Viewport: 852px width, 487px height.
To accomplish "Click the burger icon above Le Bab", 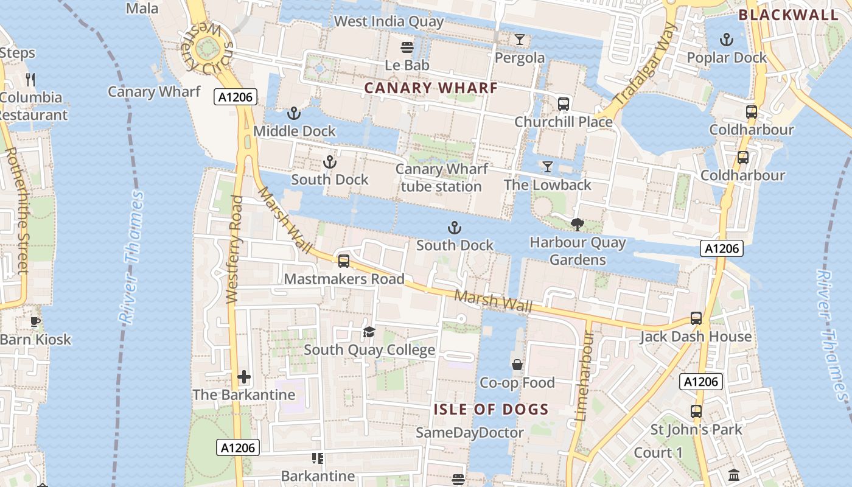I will (x=407, y=47).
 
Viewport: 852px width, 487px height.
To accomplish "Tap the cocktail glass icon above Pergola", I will (x=519, y=40).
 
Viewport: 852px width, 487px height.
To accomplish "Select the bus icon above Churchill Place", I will (x=564, y=104).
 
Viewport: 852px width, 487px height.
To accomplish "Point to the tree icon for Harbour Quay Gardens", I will (x=577, y=225).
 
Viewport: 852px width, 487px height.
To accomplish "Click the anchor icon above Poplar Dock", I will (x=726, y=40).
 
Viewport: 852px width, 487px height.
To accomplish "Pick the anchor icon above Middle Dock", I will (x=294, y=113).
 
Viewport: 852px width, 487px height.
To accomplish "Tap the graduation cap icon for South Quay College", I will (x=369, y=332).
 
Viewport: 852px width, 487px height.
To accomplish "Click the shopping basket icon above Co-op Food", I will (x=517, y=365).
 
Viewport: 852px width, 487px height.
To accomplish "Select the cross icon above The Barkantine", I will (x=244, y=377).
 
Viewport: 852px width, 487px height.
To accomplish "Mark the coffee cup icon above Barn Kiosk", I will (x=35, y=321).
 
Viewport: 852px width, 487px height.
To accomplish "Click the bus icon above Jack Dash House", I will (x=696, y=318).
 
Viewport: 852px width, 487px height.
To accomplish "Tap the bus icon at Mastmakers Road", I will (x=344, y=261).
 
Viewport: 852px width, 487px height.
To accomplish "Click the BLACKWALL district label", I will (x=789, y=15).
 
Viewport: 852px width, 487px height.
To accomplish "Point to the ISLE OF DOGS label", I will (x=491, y=409).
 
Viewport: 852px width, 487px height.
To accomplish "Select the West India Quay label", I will (x=389, y=22).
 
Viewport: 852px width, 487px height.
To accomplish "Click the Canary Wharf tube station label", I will (x=441, y=178).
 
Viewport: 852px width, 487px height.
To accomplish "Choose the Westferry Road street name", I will (x=234, y=250).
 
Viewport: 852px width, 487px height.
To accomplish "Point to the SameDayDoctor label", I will (x=469, y=433).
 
